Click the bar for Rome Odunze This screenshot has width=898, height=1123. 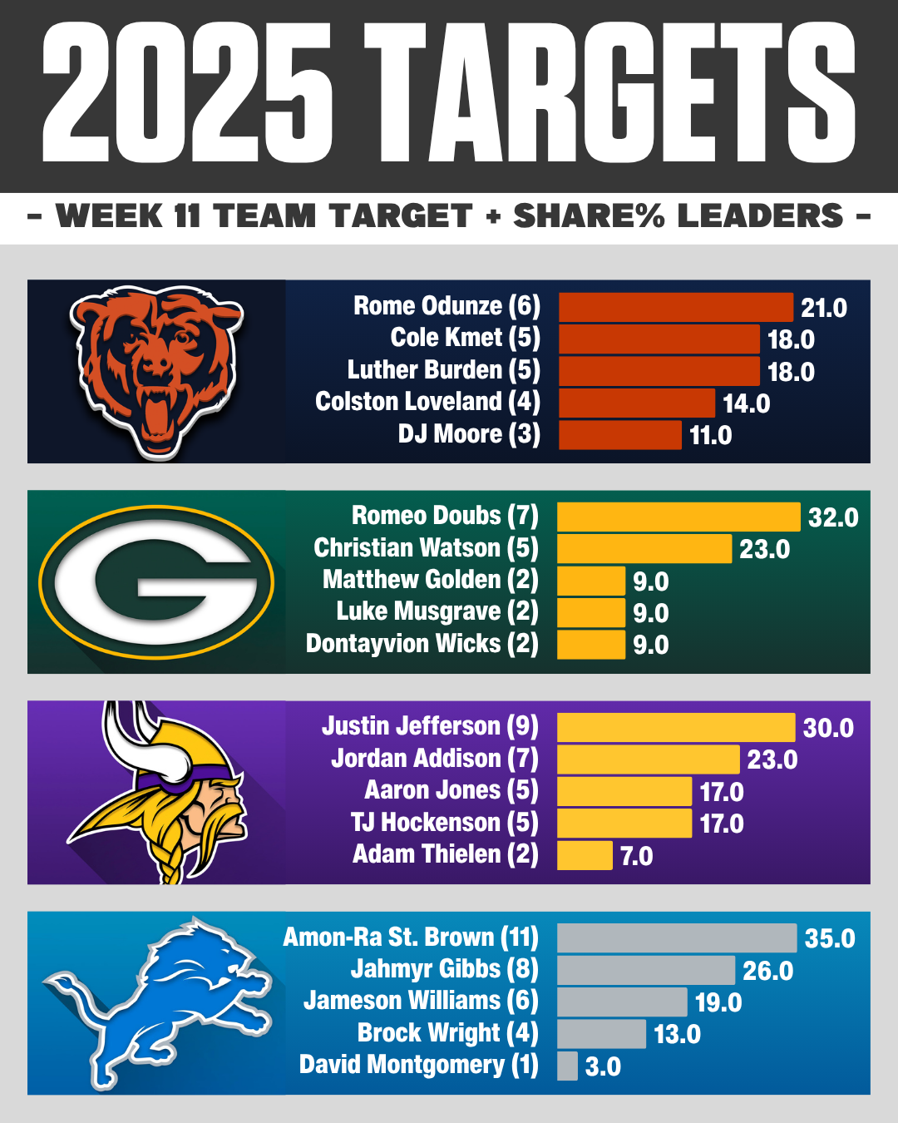click(675, 307)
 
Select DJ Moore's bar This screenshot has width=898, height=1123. click(619, 435)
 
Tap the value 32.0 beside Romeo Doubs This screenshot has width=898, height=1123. click(833, 517)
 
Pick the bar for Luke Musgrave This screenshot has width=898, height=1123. click(590, 613)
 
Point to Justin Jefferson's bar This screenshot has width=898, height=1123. click(675, 728)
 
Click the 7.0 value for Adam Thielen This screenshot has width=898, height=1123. click(637, 856)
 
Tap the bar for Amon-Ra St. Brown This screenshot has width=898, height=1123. click(676, 938)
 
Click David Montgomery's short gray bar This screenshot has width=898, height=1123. click(567, 1066)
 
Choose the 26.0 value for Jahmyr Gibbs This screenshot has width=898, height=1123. click(767, 971)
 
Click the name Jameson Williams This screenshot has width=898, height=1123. click(421, 1001)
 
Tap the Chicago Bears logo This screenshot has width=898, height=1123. click(156, 370)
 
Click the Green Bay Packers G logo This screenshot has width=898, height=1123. click(156, 582)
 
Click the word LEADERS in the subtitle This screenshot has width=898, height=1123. click(761, 216)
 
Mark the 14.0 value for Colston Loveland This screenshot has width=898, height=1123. click(746, 403)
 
